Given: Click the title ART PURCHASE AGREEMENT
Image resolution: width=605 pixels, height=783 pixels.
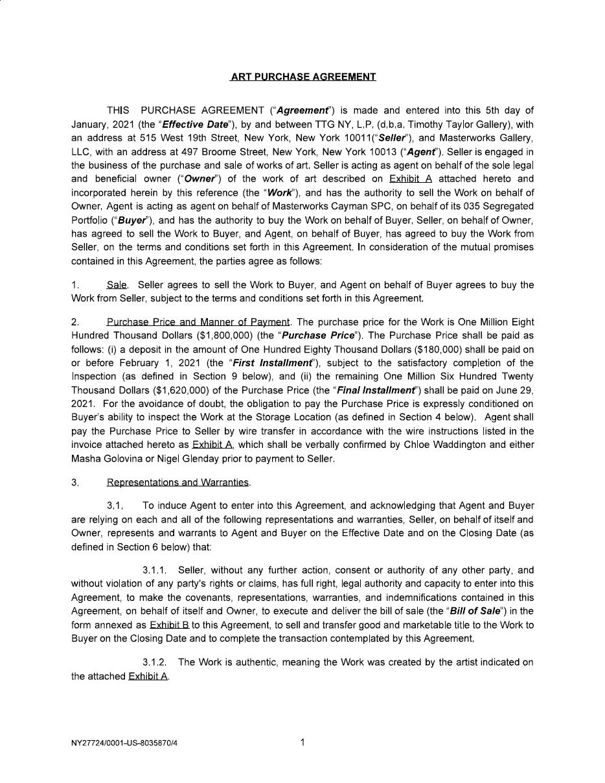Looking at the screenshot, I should pos(302,76).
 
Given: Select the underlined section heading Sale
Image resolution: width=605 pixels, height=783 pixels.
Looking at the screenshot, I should pos(117,285).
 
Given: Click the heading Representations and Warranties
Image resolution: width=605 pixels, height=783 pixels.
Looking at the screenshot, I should pos(178,482).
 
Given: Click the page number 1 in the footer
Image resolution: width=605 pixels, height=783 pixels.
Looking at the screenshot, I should pos(302,743).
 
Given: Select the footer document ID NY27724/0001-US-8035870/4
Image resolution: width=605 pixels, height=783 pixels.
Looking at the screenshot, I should pos(124,743).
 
